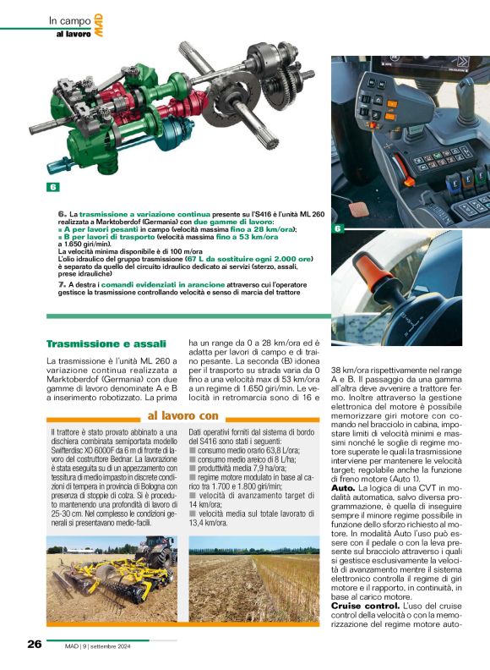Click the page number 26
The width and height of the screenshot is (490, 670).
34,645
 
